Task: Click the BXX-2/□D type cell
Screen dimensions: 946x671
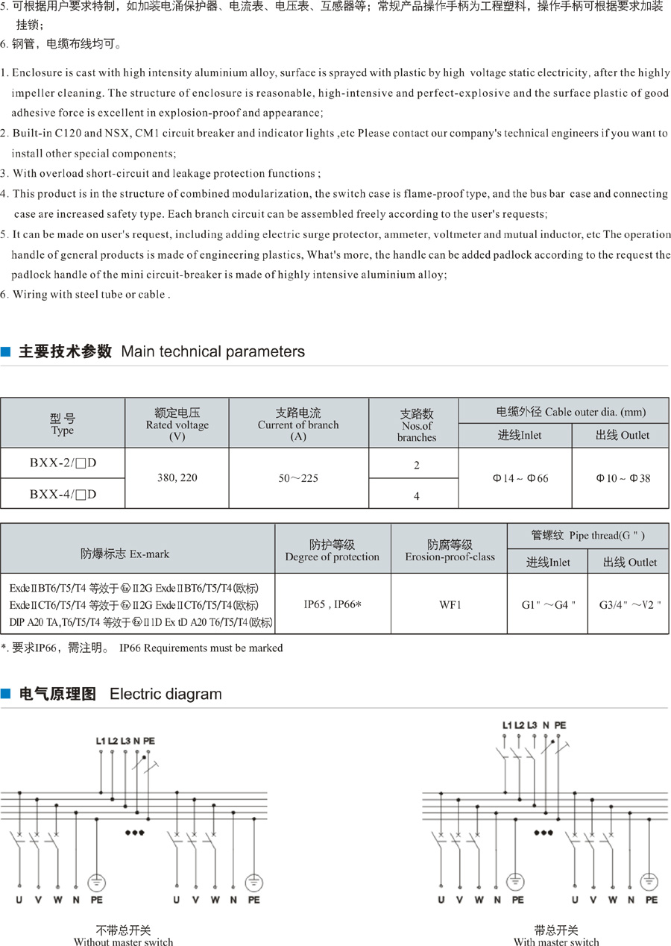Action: point(63,463)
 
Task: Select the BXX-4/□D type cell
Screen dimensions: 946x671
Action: point(63,493)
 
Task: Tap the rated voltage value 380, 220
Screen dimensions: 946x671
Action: point(177,477)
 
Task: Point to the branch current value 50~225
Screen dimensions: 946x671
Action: point(297,477)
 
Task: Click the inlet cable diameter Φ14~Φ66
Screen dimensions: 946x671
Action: point(515,478)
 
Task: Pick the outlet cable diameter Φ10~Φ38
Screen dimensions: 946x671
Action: point(622,478)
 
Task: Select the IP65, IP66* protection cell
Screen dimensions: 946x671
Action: point(333,604)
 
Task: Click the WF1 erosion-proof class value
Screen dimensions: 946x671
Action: point(450,604)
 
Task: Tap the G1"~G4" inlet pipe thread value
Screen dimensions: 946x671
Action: point(549,604)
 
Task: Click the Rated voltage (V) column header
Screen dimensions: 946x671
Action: point(177,425)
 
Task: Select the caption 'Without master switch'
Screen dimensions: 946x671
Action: point(123,942)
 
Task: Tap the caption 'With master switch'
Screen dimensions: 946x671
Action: point(556,942)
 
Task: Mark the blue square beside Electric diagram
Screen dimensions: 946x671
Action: point(6,695)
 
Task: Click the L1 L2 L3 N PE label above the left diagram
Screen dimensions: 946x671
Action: point(125,741)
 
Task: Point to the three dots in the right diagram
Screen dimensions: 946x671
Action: point(544,832)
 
